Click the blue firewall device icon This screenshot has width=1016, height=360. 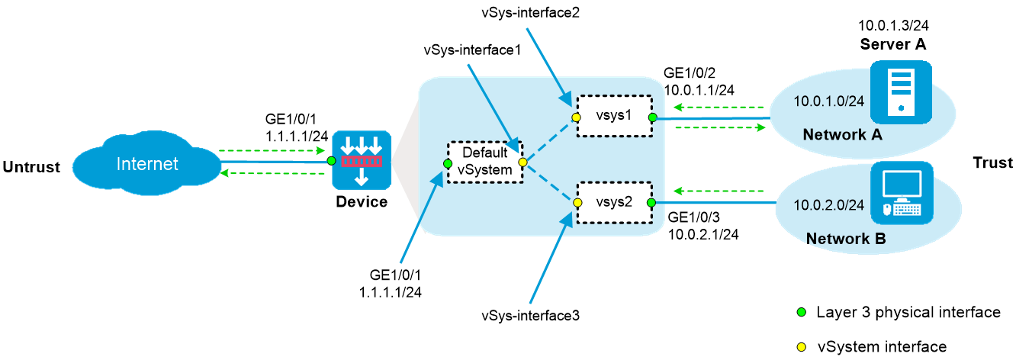pyautogui.click(x=362, y=161)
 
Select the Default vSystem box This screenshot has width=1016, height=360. pyautogui.click(x=485, y=162)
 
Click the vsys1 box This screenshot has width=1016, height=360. pyautogui.click(x=615, y=117)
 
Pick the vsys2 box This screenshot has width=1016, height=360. pyautogui.click(x=615, y=203)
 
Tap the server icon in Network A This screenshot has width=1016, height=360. pyautogui.click(x=902, y=92)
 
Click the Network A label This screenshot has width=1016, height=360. pyautogui.click(x=842, y=135)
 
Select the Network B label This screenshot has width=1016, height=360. pyautogui.click(x=845, y=239)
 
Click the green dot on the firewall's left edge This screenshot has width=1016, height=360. pyautogui.click(x=331, y=161)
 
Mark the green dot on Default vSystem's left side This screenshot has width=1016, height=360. pyautogui.click(x=448, y=163)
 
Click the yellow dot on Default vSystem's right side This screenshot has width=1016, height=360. pyautogui.click(x=522, y=162)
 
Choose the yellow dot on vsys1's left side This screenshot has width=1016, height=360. pyautogui.click(x=577, y=117)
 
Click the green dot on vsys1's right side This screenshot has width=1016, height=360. pyautogui.click(x=652, y=117)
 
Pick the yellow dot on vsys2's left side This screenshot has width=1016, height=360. pyautogui.click(x=577, y=204)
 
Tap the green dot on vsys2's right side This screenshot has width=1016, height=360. pyautogui.click(x=652, y=203)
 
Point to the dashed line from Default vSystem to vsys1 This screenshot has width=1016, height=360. pyautogui.click(x=550, y=140)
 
